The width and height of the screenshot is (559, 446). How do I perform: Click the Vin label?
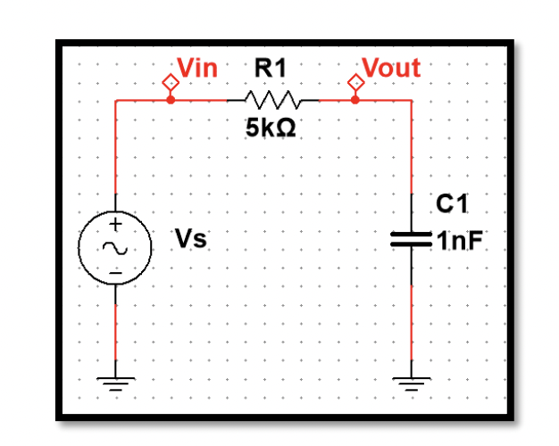click(x=197, y=68)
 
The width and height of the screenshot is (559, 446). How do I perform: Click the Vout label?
click(x=391, y=68)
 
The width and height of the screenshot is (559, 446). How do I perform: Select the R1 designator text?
click(x=271, y=68)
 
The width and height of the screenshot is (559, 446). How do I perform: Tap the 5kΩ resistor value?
click(x=270, y=128)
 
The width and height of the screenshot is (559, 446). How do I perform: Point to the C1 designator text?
click(x=452, y=206)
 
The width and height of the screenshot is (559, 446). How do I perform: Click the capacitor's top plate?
click(x=412, y=235)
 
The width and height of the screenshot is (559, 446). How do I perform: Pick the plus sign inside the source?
click(x=115, y=224)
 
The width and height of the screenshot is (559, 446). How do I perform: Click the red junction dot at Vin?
click(x=171, y=100)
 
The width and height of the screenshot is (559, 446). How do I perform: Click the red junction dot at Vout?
click(x=355, y=100)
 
